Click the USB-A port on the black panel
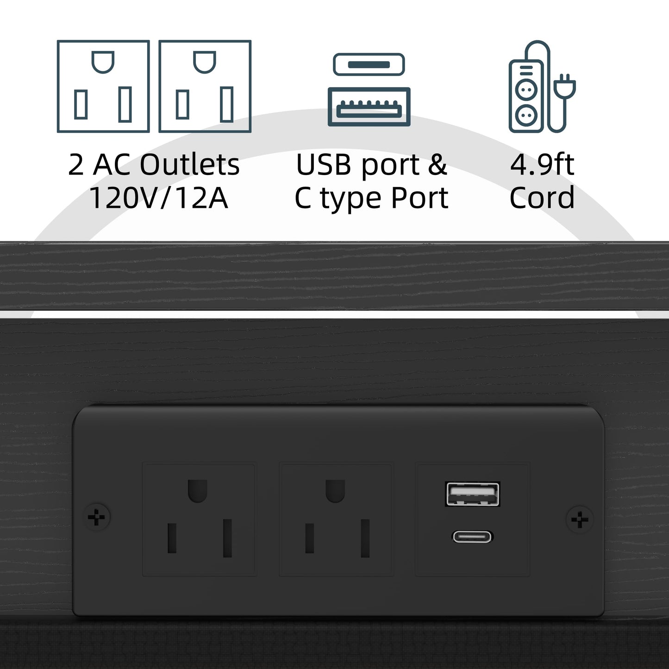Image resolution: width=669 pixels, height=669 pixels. click(x=472, y=494)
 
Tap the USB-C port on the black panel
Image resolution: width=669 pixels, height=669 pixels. click(x=472, y=537)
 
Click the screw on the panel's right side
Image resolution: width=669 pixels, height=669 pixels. click(x=579, y=520)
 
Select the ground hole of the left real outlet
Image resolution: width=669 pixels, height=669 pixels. click(x=198, y=491)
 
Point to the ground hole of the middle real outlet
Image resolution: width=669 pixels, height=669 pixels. click(x=335, y=491)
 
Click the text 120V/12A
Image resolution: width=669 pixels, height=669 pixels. click(x=159, y=198)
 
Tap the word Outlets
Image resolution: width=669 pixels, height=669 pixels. click(x=189, y=164)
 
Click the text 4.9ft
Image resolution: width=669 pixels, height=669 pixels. click(x=542, y=164)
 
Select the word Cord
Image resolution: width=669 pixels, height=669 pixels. click(x=542, y=197)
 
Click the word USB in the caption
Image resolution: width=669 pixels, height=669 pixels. click(x=324, y=164)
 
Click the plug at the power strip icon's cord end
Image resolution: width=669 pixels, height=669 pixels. click(x=564, y=86)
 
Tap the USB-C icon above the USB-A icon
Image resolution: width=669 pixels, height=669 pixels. click(x=369, y=64)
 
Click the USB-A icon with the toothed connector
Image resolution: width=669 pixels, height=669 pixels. click(x=369, y=106)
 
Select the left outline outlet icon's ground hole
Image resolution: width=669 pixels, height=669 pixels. click(x=103, y=62)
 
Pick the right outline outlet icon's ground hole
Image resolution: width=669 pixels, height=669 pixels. click(x=205, y=62)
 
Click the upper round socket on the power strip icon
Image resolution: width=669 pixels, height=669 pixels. click(x=526, y=89)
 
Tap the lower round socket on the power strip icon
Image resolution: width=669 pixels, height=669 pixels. click(x=526, y=116)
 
